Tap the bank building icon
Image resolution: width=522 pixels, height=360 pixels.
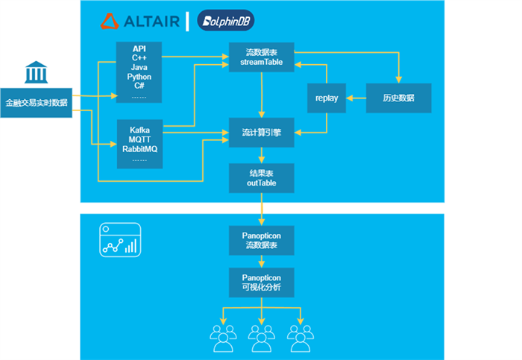point(36,74)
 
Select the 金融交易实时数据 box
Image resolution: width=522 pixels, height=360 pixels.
point(36,102)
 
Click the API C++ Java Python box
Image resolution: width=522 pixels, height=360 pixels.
point(140,72)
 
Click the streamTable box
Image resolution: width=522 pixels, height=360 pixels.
point(260,58)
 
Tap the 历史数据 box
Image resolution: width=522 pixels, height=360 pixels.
point(398,98)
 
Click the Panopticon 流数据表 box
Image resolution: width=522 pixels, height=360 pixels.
point(260,239)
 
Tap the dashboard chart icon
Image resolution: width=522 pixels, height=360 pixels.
point(119,239)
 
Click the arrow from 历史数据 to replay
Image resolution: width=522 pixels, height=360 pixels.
point(356,98)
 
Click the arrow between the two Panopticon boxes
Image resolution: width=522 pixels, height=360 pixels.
point(261,261)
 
